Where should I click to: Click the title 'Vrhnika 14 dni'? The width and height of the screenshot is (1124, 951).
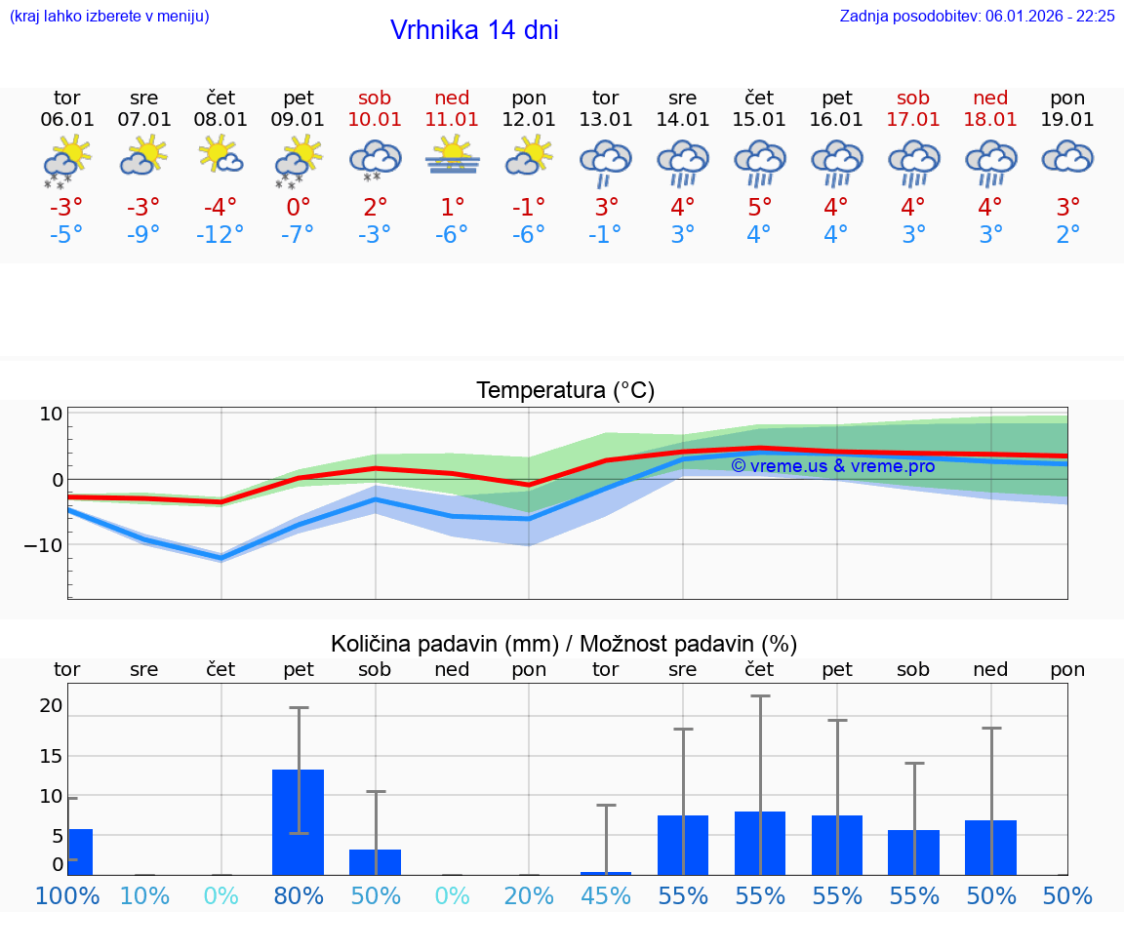pyautogui.click(x=474, y=30)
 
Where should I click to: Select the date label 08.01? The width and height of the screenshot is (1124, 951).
pyautogui.click(x=221, y=120)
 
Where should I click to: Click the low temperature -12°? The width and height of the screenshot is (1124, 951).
pyautogui.click(x=221, y=235)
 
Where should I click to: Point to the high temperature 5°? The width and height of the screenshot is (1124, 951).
pyautogui.click(x=759, y=208)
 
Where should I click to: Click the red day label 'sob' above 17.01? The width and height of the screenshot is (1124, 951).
pyautogui.click(x=913, y=98)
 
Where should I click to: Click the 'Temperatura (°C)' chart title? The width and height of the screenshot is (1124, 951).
pyautogui.click(x=565, y=391)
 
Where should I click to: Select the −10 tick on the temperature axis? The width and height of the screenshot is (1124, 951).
pyautogui.click(x=44, y=545)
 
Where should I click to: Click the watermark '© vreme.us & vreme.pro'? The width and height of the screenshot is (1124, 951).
pyautogui.click(x=832, y=466)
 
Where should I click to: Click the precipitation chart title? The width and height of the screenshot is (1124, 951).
pyautogui.click(x=564, y=644)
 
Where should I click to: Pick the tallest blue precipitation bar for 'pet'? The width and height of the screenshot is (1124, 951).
pyautogui.click(x=298, y=821)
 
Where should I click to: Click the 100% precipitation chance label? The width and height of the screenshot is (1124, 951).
pyautogui.click(x=67, y=895)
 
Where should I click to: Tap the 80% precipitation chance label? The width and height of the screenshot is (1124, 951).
pyautogui.click(x=299, y=895)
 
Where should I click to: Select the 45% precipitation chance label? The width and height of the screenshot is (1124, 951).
pyautogui.click(x=606, y=895)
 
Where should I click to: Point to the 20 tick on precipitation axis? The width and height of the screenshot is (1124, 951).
pyautogui.click(x=51, y=706)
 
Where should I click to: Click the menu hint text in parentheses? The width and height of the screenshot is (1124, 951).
pyautogui.click(x=108, y=17)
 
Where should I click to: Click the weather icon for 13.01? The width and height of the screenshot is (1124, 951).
pyautogui.click(x=606, y=160)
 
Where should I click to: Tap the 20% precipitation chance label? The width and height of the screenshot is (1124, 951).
pyautogui.click(x=529, y=895)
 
